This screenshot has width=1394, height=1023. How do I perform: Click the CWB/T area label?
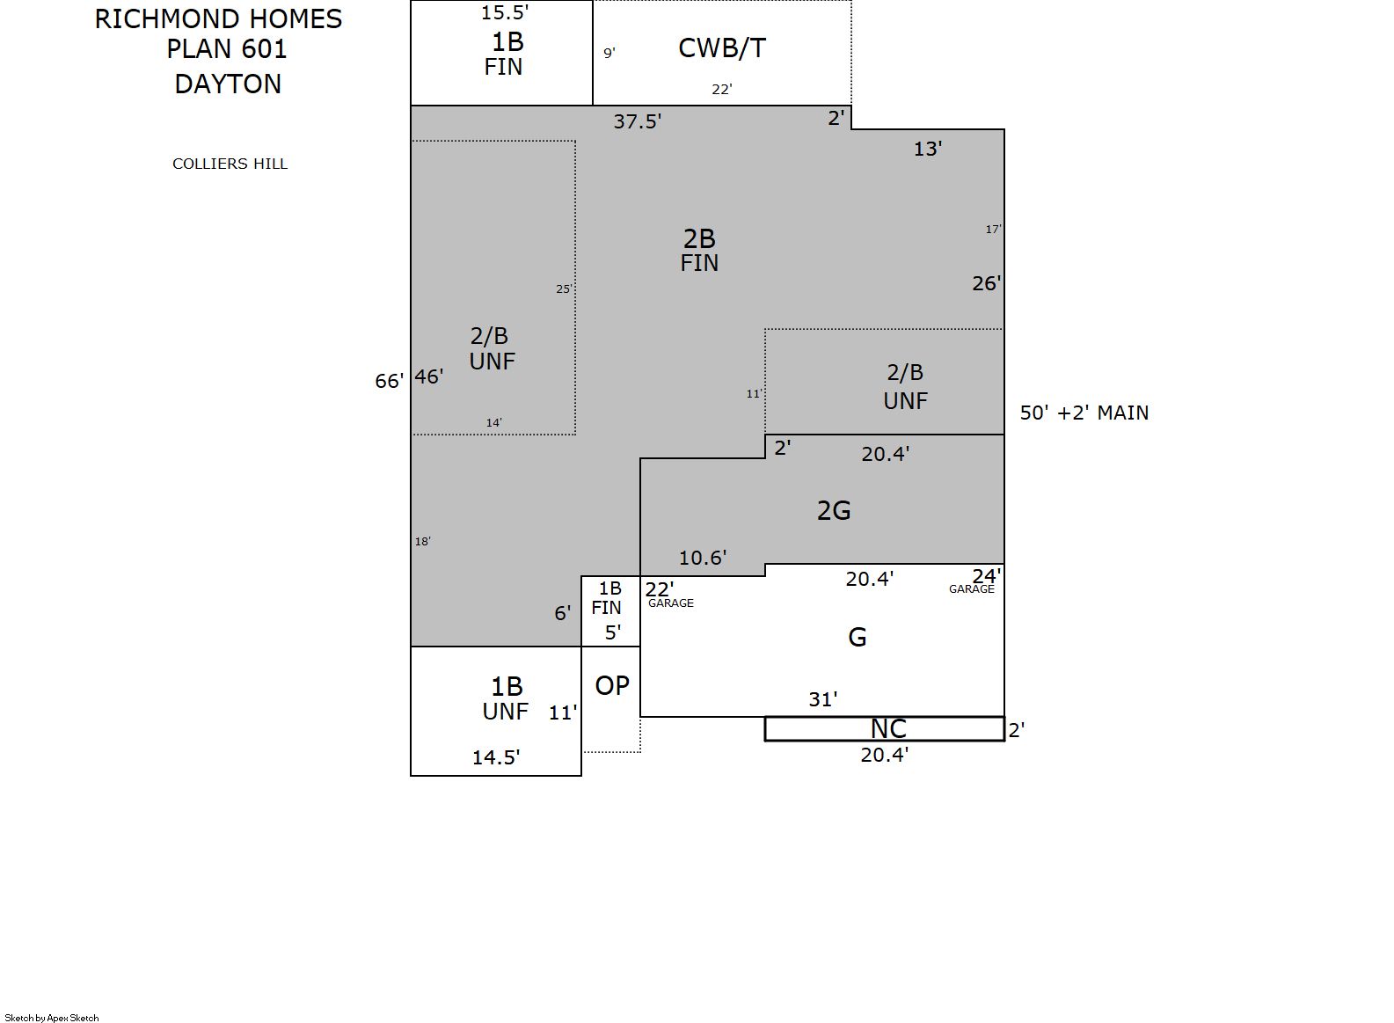tap(722, 48)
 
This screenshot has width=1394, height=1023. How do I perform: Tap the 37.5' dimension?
tap(638, 121)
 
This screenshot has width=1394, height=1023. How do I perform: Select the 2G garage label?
tap(834, 511)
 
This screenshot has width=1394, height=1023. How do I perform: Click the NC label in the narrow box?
tap(888, 728)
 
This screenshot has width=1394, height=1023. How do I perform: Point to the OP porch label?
tap(612, 686)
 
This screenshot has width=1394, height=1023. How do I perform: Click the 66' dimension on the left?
tap(389, 381)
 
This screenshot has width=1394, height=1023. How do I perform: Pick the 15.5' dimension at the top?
tap(505, 12)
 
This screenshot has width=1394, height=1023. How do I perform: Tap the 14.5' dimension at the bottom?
tap(496, 757)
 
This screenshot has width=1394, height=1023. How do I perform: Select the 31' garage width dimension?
tap(822, 699)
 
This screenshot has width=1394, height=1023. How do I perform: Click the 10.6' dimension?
tap(703, 558)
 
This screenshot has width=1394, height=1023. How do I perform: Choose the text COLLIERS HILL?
tap(230, 164)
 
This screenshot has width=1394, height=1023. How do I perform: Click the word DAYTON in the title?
tap(228, 84)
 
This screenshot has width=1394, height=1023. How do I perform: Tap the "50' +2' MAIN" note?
tap(1084, 413)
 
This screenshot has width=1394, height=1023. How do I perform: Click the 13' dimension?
tap(928, 149)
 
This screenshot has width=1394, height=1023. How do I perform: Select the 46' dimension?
tap(429, 376)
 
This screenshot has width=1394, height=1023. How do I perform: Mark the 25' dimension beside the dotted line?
tap(564, 289)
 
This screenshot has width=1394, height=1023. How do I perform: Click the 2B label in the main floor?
tap(699, 239)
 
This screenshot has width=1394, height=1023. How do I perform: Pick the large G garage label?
tap(858, 637)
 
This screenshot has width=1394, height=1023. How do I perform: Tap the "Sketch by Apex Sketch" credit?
tap(52, 1018)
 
